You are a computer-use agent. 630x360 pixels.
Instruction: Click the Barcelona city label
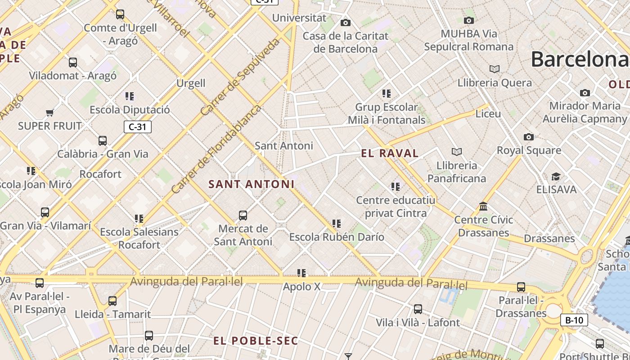point(580,59)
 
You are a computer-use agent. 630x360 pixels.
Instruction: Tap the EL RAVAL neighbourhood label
point(390,153)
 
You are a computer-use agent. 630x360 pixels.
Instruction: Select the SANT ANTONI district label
point(252,184)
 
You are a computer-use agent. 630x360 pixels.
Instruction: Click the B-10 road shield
point(574,320)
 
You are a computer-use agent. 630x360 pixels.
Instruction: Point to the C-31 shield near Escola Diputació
point(137,127)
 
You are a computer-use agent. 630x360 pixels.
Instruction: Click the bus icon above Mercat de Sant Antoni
point(243,215)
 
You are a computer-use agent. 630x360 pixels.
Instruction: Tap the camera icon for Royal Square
point(529,137)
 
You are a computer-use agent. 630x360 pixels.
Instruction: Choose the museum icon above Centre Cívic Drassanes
point(483,206)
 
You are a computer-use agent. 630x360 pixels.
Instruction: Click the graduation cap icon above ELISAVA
point(556,176)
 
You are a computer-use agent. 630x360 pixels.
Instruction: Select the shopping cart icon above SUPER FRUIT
point(50,112)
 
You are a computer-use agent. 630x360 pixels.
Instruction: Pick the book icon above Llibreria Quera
point(495,69)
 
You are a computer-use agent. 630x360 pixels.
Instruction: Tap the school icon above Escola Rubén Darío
point(336,223)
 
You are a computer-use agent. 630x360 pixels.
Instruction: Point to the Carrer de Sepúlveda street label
point(241,77)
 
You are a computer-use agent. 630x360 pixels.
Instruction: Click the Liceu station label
point(488,113)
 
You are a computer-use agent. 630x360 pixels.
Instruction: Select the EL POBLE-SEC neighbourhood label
point(256,341)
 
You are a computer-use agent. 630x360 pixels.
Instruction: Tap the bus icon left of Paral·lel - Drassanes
point(521,287)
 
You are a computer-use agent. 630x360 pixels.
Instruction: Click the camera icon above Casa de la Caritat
point(346,22)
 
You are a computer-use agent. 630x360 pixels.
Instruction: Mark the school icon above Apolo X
point(301,273)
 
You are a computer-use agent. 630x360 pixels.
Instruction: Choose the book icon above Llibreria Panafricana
point(457,152)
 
